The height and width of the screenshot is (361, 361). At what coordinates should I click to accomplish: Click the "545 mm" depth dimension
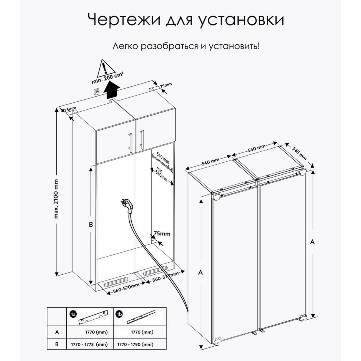click(x=299, y=153)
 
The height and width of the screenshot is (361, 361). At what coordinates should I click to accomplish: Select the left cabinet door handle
click(x=130, y=142)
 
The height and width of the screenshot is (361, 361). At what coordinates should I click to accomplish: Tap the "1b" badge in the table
click(x=119, y=314)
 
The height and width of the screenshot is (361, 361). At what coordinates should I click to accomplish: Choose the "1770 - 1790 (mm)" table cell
click(x=135, y=345)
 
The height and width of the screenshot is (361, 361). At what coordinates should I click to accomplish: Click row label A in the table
click(x=57, y=332)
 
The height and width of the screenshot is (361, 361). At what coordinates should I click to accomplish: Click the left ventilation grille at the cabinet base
click(x=114, y=284)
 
